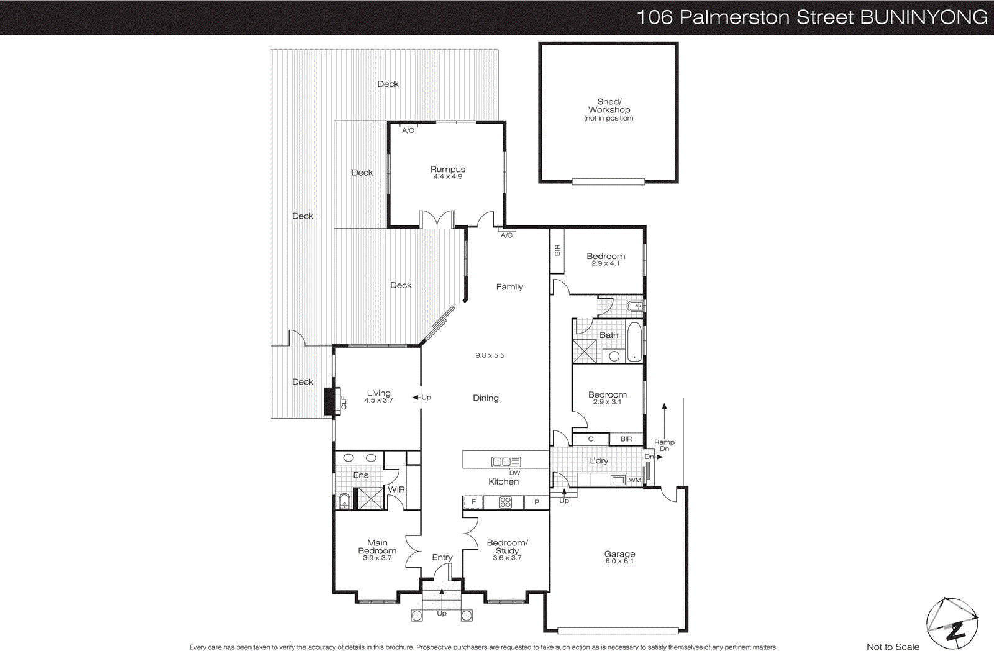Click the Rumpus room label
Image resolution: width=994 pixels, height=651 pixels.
tap(447, 169)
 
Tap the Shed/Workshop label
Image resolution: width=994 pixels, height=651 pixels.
tap(609, 106)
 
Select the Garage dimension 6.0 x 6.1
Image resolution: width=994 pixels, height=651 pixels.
tap(619, 562)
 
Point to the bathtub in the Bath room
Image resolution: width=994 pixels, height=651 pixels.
tap(634, 341)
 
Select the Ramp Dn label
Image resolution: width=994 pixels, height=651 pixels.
tap(664, 445)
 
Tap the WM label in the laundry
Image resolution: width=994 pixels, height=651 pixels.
tap(635, 480)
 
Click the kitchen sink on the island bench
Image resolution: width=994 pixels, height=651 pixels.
tap(505, 462)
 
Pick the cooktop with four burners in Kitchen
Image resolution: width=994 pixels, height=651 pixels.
tap(505, 502)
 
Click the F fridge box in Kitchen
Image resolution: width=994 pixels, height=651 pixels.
tap(473, 502)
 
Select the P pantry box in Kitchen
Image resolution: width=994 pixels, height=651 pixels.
tap(537, 502)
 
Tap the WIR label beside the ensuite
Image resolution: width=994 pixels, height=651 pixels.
tap(396, 489)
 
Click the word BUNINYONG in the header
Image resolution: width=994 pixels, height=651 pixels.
tap(924, 17)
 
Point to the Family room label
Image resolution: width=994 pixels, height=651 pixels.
tap(509, 286)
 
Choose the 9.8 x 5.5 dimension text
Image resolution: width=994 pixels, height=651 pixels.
tap(490, 355)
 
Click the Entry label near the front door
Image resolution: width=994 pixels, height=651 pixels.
tap(442, 557)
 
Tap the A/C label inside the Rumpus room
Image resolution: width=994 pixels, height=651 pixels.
tap(408, 130)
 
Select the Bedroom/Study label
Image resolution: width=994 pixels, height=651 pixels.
tap(507, 547)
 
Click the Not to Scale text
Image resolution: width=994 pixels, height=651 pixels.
tap(893, 647)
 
